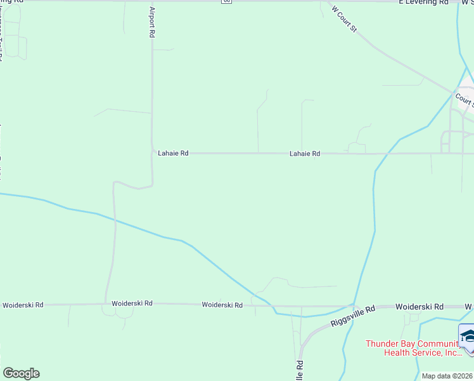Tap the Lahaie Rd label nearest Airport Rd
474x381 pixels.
coord(172,153)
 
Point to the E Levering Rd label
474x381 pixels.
coord(424,3)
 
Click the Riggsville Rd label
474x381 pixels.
coord(353,315)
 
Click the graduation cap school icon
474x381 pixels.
coord(467,336)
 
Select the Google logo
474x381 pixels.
coord(21,373)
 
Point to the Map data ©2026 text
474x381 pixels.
coord(447,376)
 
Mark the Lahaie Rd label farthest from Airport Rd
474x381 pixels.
coord(305,154)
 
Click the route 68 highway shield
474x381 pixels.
coord(227,1)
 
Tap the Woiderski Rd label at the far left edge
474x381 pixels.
coord(23,305)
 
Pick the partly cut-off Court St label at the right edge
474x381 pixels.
coord(464,100)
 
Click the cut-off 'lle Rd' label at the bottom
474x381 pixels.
coord(300,368)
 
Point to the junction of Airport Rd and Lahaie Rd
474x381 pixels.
coord(152,152)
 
